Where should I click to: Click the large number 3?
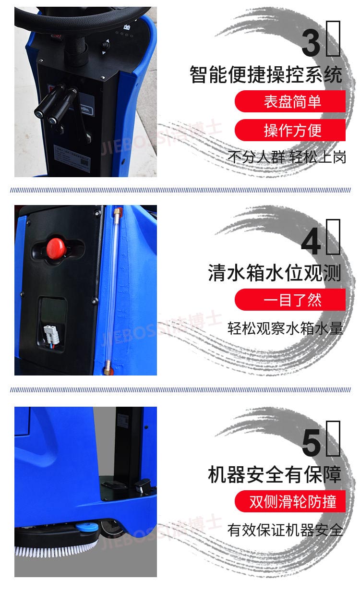[311, 42]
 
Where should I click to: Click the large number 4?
[311, 242]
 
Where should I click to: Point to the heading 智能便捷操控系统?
[265, 75]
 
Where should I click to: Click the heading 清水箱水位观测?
[274, 273]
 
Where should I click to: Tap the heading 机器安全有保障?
[274, 475]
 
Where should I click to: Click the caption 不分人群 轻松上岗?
[286, 157]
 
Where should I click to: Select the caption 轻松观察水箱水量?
[285, 328]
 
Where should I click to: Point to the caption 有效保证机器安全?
[285, 530]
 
